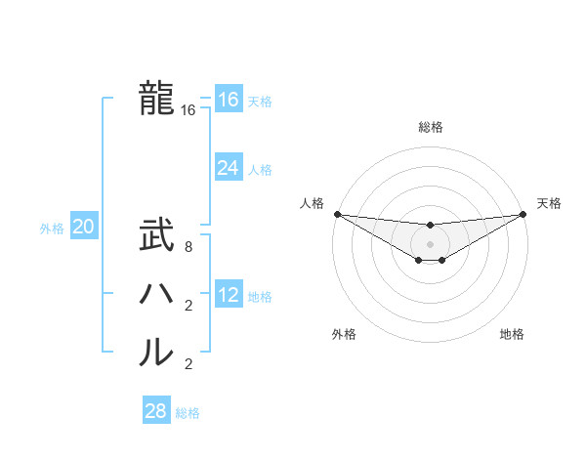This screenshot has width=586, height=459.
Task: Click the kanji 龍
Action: (156, 98)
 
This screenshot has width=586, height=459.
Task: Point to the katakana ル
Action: (156, 353)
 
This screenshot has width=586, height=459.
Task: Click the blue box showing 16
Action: (228, 100)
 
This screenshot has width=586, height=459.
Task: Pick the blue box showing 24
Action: (228, 168)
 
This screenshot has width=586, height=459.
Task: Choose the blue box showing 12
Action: (228, 295)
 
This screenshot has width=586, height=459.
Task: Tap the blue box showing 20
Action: (83, 228)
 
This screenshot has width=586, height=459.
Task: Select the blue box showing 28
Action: (155, 411)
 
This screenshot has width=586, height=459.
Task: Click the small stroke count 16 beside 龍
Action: (188, 111)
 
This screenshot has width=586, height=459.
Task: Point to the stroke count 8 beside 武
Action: (188, 248)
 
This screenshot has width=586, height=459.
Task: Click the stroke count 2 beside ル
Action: (188, 365)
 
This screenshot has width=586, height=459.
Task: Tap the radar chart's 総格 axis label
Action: (430, 127)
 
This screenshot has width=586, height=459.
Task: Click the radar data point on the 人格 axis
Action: (337, 214)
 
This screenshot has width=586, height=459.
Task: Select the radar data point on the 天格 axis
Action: (523, 214)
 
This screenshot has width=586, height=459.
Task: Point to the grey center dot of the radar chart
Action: (430, 243)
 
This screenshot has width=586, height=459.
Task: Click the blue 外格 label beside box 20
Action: (52, 229)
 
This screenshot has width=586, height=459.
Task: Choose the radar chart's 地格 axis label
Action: (512, 335)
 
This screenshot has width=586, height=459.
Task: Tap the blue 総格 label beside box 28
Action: (188, 413)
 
